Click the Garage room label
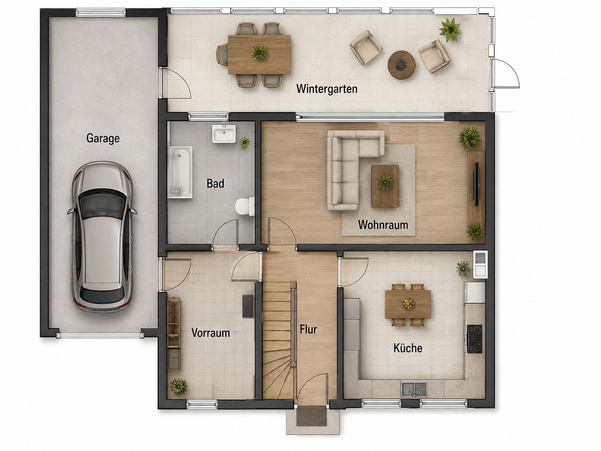click(103, 138)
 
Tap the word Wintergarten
click(327, 89)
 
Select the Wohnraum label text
click(383, 225)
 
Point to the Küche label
click(408, 348)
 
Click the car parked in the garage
click(102, 237)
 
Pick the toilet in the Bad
click(244, 206)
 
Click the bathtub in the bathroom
click(180, 172)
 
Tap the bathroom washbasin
click(224, 134)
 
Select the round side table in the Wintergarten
click(401, 65)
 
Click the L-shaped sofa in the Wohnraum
click(348, 164)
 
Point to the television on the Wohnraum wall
click(476, 184)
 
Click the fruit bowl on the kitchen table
click(408, 303)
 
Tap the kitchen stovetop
click(474, 339)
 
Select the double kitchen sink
click(414, 390)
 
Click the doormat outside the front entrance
click(312, 416)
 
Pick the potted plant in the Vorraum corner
click(178, 387)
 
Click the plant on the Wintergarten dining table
click(259, 52)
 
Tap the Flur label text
click(308, 329)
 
